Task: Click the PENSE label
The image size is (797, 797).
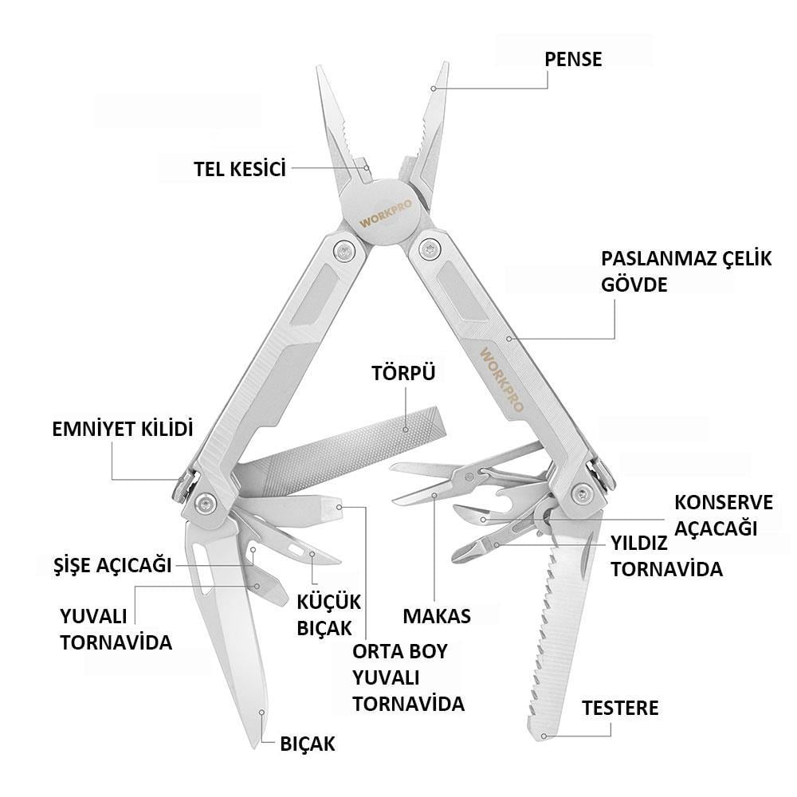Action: (x=573, y=60)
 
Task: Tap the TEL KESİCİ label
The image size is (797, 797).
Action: (x=240, y=169)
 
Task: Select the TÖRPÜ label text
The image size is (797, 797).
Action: (x=403, y=373)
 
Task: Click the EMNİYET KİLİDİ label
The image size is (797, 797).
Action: (x=123, y=429)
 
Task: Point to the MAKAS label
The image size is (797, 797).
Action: (x=437, y=616)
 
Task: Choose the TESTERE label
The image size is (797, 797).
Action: (x=620, y=708)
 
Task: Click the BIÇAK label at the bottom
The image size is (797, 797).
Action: (x=308, y=744)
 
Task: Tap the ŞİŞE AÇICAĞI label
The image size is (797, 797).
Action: (x=112, y=565)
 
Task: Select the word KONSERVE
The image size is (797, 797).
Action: (x=724, y=503)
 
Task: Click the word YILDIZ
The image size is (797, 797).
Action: (x=639, y=544)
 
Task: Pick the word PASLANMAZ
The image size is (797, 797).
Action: (x=658, y=259)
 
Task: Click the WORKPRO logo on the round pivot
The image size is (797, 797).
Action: (x=386, y=214)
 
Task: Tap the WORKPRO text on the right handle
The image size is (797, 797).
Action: (x=501, y=379)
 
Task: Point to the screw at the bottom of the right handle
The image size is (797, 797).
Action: (x=581, y=493)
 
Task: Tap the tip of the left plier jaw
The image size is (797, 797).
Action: (x=320, y=67)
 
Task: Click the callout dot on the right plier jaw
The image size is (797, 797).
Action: (x=433, y=88)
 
